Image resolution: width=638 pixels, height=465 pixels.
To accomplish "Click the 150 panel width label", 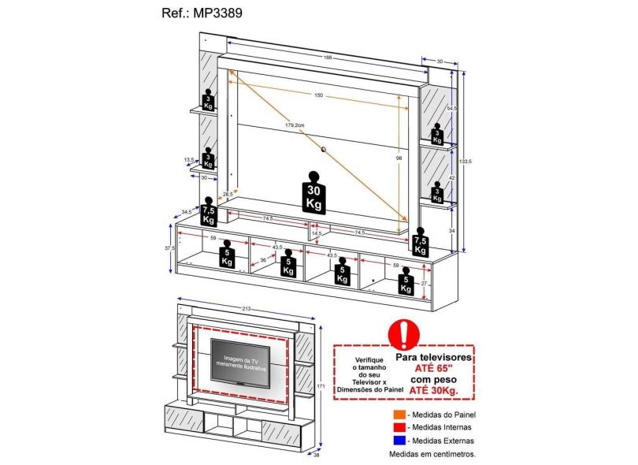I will point(318,95).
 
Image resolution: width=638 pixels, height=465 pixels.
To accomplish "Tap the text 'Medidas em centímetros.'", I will point(432,454).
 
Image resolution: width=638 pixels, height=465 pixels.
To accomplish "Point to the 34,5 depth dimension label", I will point(187,211).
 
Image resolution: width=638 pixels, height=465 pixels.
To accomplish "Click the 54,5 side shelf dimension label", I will point(452,108).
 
